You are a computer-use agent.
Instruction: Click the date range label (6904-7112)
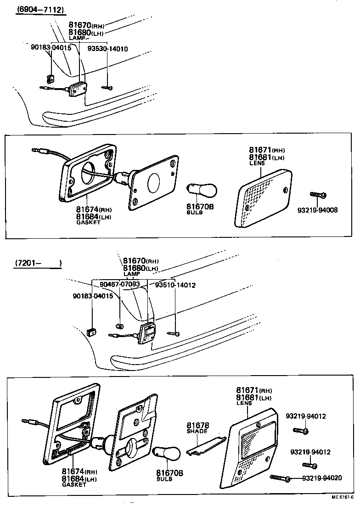point(40,10)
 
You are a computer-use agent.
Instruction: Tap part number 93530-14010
point(108,49)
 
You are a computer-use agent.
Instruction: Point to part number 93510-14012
point(175,285)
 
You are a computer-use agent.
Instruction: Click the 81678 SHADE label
point(197,428)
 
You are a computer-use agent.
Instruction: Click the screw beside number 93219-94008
point(317,195)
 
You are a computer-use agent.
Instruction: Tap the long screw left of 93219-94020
point(280,478)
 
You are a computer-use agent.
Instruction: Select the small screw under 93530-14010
point(108,86)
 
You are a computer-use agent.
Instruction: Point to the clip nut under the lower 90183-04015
point(91,330)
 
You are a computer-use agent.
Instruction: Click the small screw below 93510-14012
point(174,332)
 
